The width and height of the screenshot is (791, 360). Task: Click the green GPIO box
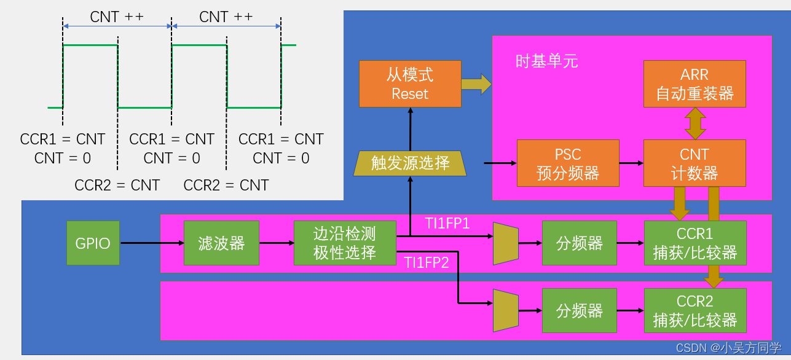click(x=93, y=243)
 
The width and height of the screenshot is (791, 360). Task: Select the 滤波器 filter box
click(x=221, y=243)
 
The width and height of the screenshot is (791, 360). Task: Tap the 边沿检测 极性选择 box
click(x=345, y=243)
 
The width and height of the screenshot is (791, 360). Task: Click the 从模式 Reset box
click(x=410, y=84)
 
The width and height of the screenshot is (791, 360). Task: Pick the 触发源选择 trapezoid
click(x=410, y=163)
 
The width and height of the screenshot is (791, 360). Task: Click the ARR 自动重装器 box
click(x=695, y=84)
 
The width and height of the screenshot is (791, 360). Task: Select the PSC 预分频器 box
click(x=568, y=163)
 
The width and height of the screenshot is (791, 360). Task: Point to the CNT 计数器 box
click(x=695, y=163)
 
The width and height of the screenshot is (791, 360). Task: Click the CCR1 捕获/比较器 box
click(x=695, y=243)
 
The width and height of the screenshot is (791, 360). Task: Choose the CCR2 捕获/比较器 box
click(x=695, y=311)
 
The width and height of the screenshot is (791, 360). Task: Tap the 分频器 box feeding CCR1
click(x=580, y=243)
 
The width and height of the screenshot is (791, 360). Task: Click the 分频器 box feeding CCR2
click(x=580, y=311)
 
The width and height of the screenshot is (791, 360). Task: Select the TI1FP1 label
click(x=447, y=224)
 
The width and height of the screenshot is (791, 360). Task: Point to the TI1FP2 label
click(x=427, y=262)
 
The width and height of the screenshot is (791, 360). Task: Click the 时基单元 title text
click(x=546, y=61)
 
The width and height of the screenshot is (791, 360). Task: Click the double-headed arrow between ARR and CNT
click(x=695, y=123)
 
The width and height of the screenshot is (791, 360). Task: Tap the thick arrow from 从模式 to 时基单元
click(x=476, y=84)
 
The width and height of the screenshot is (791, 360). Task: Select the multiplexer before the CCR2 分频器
click(x=506, y=311)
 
